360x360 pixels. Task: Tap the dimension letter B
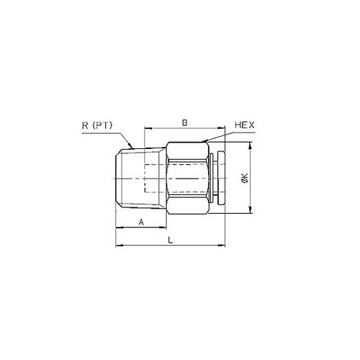coord(184,124)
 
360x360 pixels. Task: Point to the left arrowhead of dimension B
coord(148,130)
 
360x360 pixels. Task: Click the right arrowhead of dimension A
coord(163,228)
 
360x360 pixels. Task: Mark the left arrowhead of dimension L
coord(118,247)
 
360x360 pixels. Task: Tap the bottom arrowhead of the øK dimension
coord(250,212)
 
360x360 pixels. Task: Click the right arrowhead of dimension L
coord(224,247)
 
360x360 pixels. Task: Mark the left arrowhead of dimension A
coord(118,228)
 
